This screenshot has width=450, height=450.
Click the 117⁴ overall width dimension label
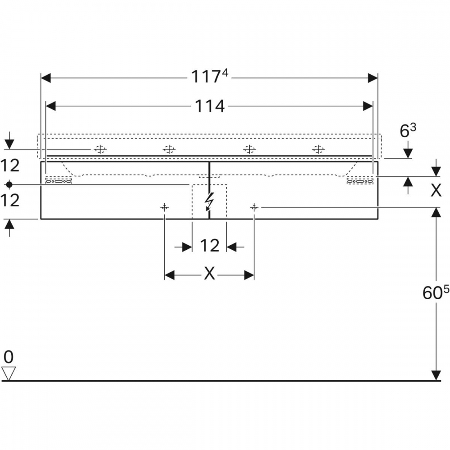tap(210, 76)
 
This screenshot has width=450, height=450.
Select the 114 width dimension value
tap(210, 106)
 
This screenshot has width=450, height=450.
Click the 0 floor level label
tap(9, 357)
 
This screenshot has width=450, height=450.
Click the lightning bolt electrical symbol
tap(209, 201)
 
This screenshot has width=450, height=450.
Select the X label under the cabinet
tap(209, 273)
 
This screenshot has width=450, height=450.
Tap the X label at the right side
tap(436, 190)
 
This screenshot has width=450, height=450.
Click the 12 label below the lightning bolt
tap(210, 246)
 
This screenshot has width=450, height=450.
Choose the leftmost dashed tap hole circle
tap(100, 149)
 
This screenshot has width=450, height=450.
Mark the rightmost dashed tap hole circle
tap(318, 149)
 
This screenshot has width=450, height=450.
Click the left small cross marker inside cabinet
tap(164, 207)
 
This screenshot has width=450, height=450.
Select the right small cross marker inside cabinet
tap(254, 207)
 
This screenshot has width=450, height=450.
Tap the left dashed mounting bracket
tap(58, 180)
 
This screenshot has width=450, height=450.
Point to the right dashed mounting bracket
tap(360, 180)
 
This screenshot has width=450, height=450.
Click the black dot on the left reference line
tap(9, 184)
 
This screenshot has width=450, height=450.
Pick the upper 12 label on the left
tap(10, 166)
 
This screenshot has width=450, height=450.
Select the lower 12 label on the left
tap(10, 200)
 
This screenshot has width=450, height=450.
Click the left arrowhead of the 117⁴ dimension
tap(46, 78)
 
